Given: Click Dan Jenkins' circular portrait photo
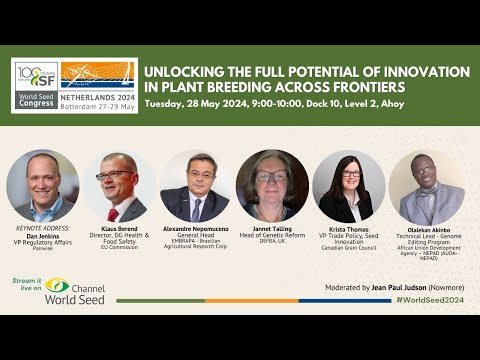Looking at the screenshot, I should pos(42,185).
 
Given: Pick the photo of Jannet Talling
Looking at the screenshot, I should pos(272,186).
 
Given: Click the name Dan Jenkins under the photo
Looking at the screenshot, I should pos(42,236).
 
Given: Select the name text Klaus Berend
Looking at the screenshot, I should pos(119,230).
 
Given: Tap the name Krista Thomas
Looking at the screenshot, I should pos(349,230).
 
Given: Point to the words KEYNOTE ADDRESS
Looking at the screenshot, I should pos(42,229).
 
